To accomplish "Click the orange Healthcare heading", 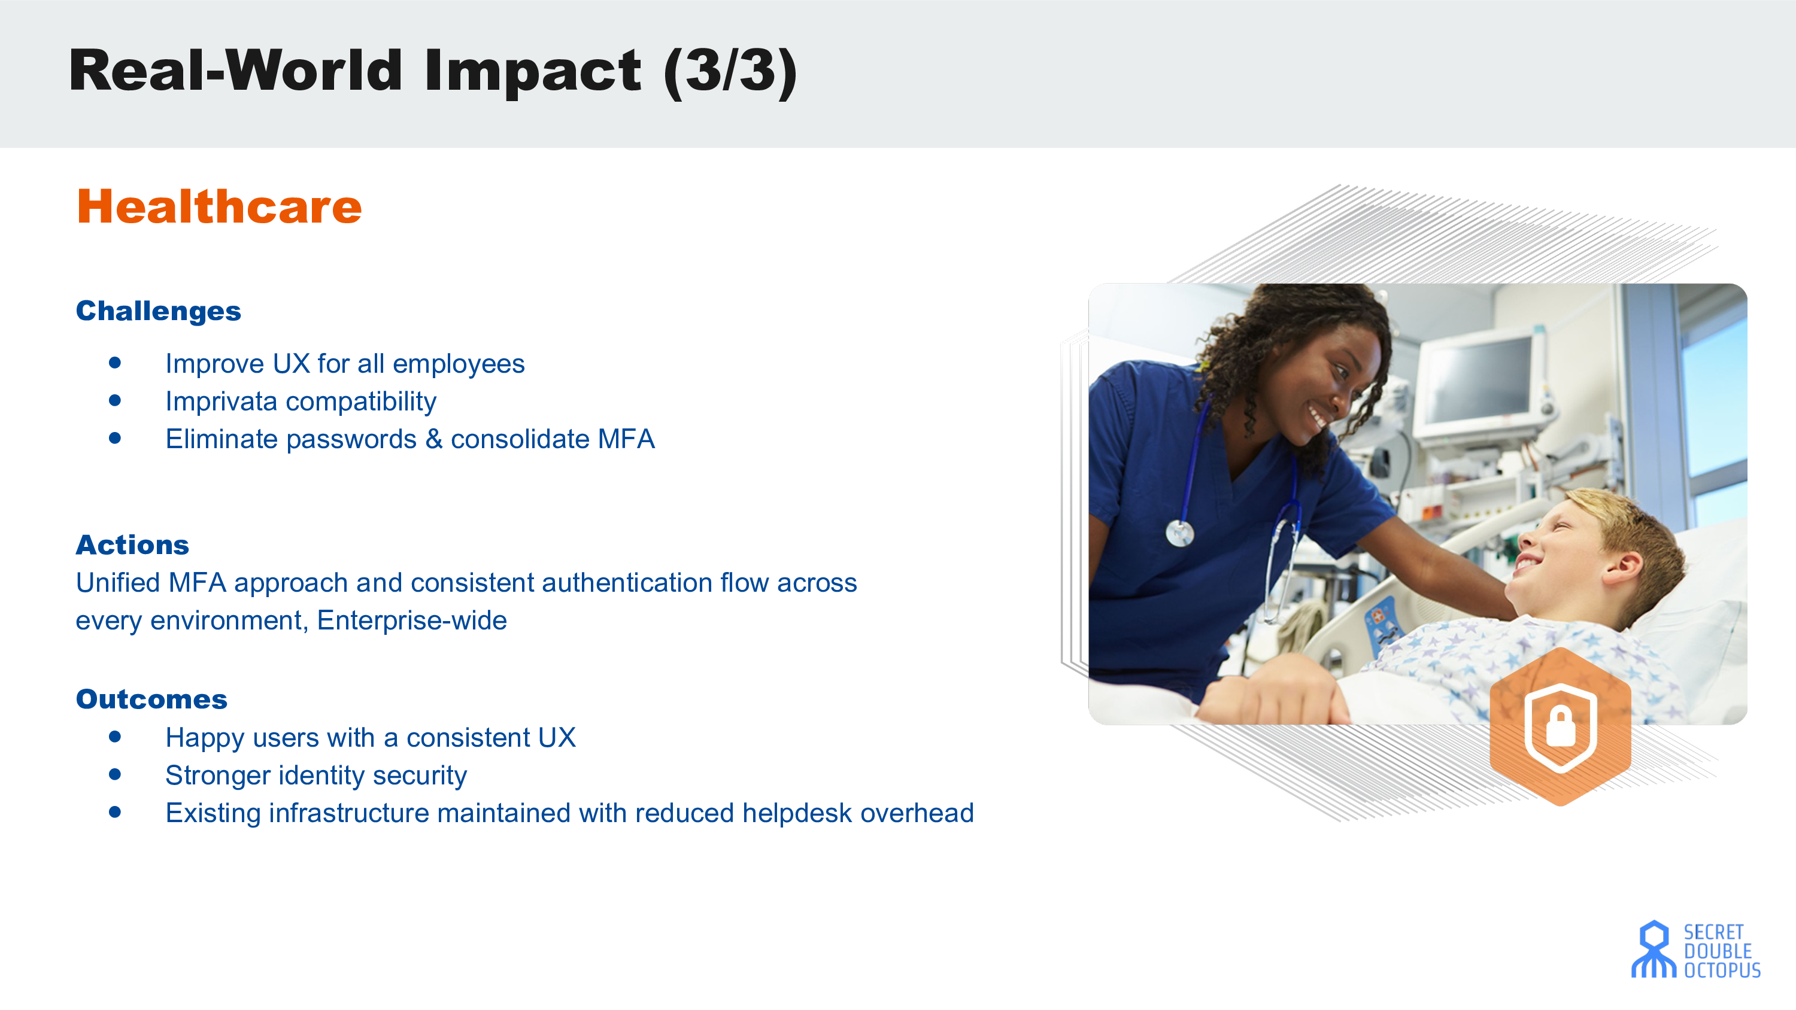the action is pyautogui.click(x=219, y=207).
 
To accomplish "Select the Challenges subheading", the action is pyautogui.click(x=158, y=311).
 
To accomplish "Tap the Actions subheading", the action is pyautogui.click(x=132, y=544).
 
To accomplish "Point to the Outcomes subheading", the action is pyautogui.click(x=151, y=699).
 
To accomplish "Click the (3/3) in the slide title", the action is pyautogui.click(x=730, y=71).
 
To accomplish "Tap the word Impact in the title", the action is pyautogui.click(x=533, y=72).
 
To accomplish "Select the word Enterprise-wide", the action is pyautogui.click(x=412, y=620).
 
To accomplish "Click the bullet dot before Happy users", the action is pyautogui.click(x=115, y=737).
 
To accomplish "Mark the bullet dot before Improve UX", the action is pyautogui.click(x=115, y=363).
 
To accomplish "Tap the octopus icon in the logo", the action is pyautogui.click(x=1654, y=950).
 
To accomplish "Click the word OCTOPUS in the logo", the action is pyautogui.click(x=1722, y=971).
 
